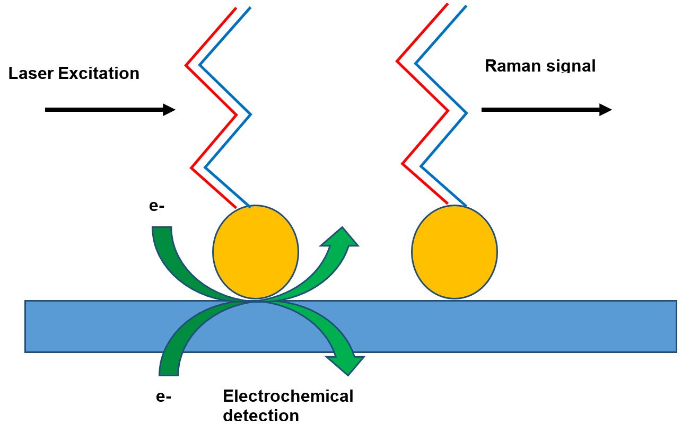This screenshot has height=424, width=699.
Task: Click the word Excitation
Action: (x=98, y=73)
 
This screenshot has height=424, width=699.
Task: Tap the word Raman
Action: (x=510, y=66)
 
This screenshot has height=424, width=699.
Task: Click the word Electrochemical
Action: (x=288, y=396)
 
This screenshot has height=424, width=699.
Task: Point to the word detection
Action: (x=260, y=414)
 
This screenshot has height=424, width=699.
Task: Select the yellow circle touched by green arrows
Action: (x=256, y=252)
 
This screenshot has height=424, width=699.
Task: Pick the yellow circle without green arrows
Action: (x=455, y=252)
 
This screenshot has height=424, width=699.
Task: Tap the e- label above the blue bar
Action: (x=157, y=206)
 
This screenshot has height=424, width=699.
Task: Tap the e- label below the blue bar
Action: (x=164, y=396)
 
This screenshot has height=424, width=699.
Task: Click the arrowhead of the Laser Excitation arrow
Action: (x=169, y=110)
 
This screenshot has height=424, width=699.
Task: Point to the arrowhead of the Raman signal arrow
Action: (x=606, y=110)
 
